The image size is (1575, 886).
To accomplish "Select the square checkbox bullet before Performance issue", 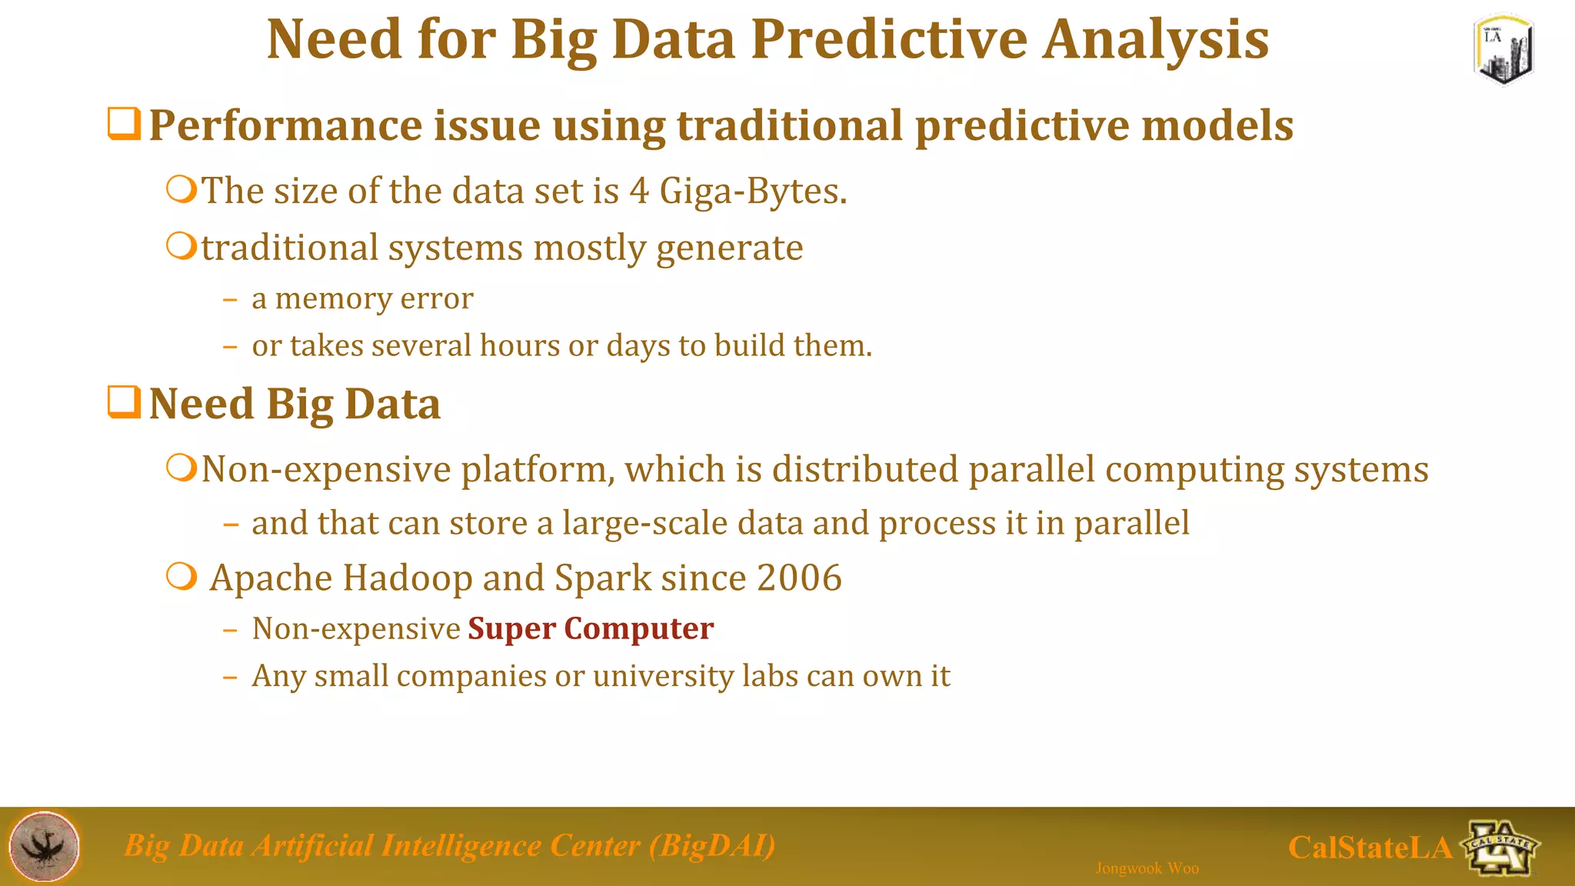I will click(124, 125).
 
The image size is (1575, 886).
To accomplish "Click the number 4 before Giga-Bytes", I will click(639, 191).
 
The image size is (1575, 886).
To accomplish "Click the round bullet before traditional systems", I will click(181, 247).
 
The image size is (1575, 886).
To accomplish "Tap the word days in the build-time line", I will click(638, 347).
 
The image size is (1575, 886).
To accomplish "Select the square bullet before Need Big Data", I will click(124, 402).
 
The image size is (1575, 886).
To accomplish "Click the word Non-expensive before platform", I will click(325, 470).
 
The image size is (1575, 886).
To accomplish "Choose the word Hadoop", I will click(407, 578).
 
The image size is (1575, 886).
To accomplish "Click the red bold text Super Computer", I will click(591, 629).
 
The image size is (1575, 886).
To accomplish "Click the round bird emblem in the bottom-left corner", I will click(45, 846).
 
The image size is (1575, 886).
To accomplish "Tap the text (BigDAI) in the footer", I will click(712, 846).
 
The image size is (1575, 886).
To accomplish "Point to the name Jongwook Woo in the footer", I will click(1147, 868).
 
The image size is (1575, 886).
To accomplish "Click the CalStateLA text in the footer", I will click(1370, 848).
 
